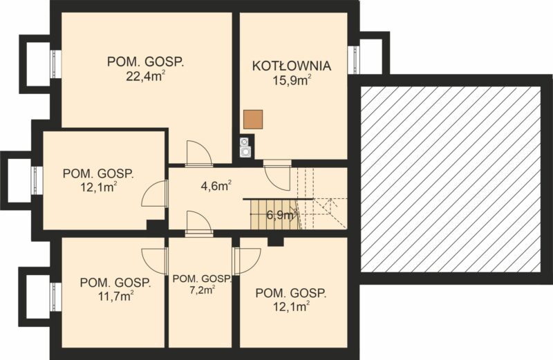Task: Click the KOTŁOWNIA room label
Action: pos(292,66)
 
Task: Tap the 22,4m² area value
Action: pos(146,77)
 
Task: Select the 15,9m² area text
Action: pos(292,80)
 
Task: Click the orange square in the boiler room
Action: pos(253,119)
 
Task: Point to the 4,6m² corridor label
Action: pos(216,185)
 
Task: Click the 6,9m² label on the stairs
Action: pos(281,215)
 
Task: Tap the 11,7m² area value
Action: pos(115,296)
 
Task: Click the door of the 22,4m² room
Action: pos(199,153)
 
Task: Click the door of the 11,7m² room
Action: pos(153,261)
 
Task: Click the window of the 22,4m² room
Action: pos(56,64)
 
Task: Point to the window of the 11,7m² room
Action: pos(56,296)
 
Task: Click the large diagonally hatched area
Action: pos(451,179)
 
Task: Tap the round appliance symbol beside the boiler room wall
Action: pos(245,152)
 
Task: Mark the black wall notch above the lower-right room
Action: pos(275,241)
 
